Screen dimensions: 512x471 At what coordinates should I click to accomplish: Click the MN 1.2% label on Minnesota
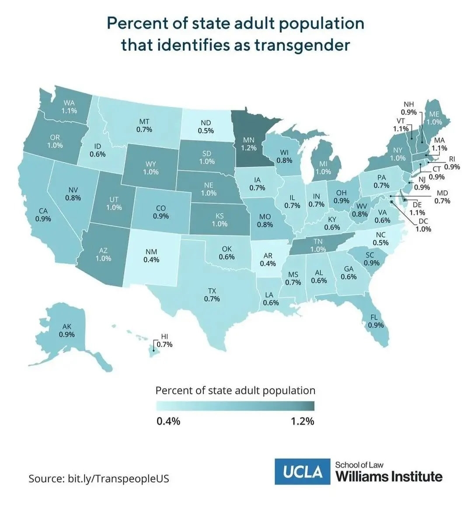click(249, 144)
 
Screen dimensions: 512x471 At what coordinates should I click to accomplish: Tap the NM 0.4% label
click(151, 256)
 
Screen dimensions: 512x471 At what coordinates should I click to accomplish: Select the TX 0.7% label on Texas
click(212, 295)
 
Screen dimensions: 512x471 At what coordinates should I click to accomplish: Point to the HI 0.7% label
click(164, 340)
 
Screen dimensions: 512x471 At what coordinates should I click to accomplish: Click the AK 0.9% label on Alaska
click(67, 330)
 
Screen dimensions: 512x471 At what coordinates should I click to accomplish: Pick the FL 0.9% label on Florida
click(376, 321)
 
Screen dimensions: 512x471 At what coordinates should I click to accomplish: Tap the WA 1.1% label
click(69, 107)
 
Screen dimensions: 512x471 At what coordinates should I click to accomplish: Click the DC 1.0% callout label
click(423, 225)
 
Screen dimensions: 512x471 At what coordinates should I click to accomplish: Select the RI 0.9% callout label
click(452, 163)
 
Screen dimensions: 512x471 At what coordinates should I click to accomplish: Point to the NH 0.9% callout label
click(408, 108)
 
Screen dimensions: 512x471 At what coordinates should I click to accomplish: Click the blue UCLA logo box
click(303, 471)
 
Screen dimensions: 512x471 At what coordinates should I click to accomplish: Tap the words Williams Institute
click(389, 476)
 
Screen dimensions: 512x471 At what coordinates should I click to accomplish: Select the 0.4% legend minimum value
click(168, 421)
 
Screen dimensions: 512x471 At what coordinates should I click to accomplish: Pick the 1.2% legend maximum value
click(303, 421)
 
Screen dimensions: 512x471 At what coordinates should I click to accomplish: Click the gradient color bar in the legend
click(235, 406)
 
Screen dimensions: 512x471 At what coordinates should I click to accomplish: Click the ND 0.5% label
click(206, 127)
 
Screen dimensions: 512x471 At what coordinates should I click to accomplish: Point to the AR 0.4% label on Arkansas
click(268, 260)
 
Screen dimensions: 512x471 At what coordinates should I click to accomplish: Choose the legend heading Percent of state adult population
click(235, 390)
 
